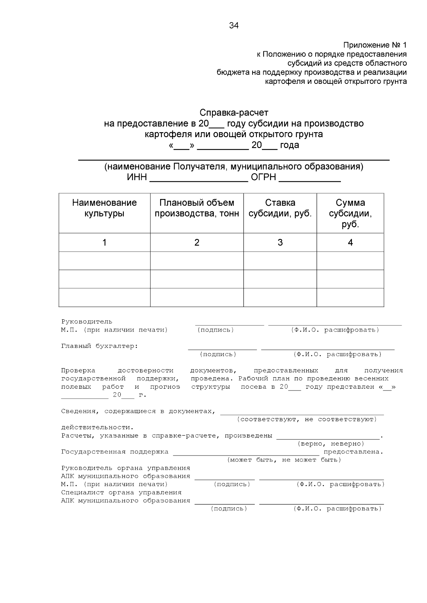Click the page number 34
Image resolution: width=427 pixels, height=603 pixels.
pyautogui.click(x=234, y=26)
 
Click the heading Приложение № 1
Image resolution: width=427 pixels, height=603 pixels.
pyautogui.click(x=375, y=45)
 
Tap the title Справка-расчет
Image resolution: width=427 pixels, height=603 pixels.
pyautogui.click(x=234, y=113)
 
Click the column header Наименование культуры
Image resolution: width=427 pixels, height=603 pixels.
pyautogui.click(x=104, y=208)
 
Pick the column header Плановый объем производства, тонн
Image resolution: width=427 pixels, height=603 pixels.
pyautogui.click(x=197, y=208)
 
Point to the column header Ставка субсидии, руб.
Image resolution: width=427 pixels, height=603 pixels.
pyautogui.click(x=280, y=208)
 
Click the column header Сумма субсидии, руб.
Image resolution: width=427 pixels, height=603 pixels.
pyautogui.click(x=350, y=213)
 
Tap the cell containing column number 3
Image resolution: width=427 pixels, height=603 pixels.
pyautogui.click(x=280, y=243)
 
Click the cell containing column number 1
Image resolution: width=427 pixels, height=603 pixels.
pyautogui.click(x=104, y=243)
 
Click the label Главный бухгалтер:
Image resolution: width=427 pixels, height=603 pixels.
pyautogui.click(x=100, y=346)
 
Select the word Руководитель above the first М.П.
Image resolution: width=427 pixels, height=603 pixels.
pyautogui.click(x=86, y=322)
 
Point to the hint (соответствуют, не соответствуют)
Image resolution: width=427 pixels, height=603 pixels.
pyautogui.click(x=307, y=419)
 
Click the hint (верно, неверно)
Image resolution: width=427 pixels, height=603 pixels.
pyautogui.click(x=331, y=444)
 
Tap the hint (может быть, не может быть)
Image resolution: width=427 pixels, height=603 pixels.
pyautogui.click(x=284, y=460)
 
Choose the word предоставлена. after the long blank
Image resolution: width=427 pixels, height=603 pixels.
pyautogui.click(x=353, y=452)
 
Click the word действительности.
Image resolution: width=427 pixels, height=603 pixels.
pyautogui.click(x=97, y=427)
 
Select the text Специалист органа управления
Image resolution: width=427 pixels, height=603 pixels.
pyautogui.click(x=121, y=492)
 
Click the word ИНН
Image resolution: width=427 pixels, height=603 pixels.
pyautogui.click(x=137, y=177)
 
